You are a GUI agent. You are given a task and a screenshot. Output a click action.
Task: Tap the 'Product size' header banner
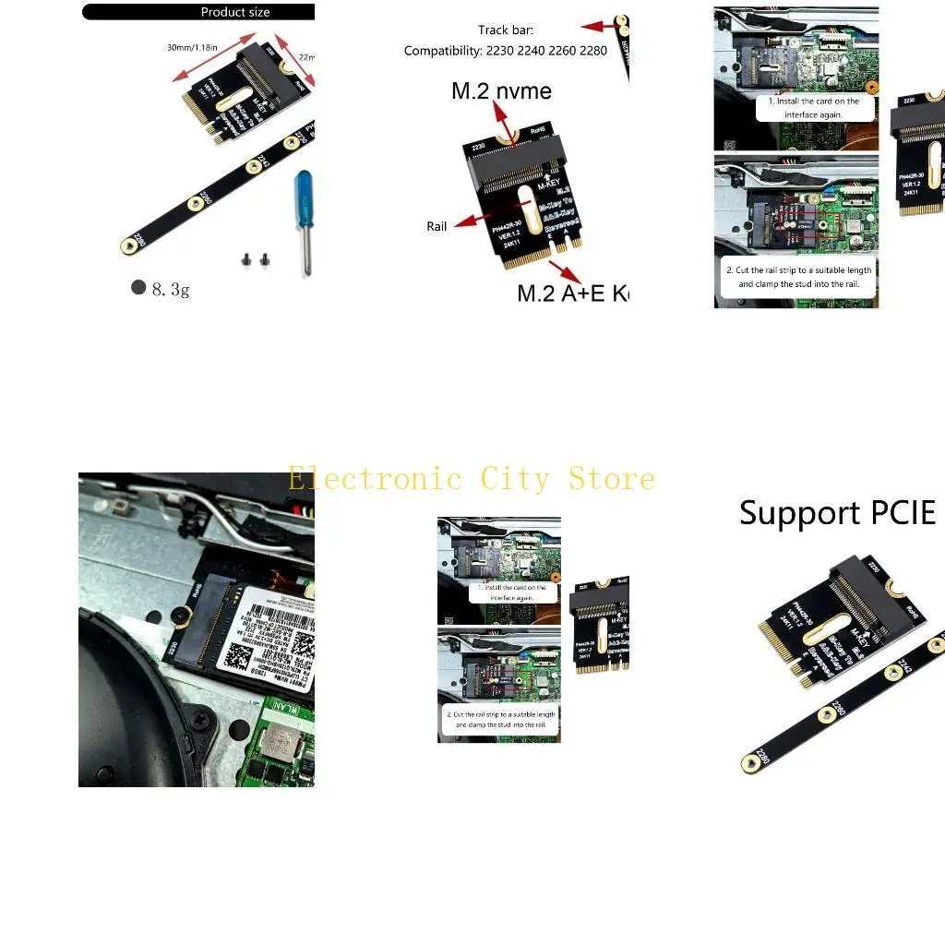tap(235, 12)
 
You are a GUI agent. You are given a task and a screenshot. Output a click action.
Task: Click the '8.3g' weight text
tap(171, 290)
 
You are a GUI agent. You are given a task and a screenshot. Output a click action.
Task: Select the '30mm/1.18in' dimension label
tap(193, 47)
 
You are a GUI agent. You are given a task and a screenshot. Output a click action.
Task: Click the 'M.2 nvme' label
tap(501, 90)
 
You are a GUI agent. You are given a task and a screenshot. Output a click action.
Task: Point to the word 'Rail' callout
tap(437, 226)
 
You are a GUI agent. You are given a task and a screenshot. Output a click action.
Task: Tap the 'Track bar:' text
tap(506, 30)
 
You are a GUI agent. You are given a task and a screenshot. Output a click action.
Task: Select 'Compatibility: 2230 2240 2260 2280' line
tap(506, 51)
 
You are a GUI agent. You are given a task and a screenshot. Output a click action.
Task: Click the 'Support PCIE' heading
tap(837, 513)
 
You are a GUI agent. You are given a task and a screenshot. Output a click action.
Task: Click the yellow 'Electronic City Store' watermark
tap(471, 479)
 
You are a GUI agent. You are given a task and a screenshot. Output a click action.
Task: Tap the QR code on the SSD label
tap(238, 655)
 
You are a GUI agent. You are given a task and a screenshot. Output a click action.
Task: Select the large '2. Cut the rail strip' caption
tap(798, 278)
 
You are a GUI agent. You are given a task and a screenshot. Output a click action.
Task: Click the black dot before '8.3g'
tap(138, 287)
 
